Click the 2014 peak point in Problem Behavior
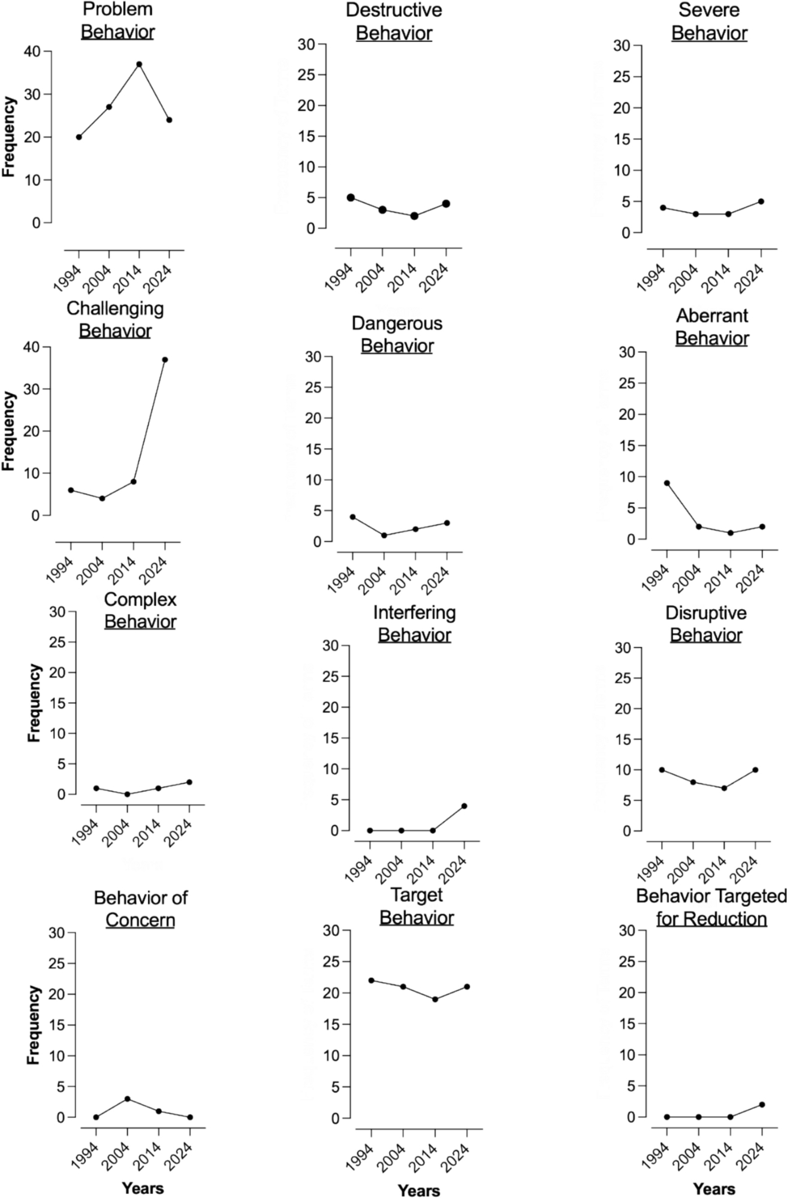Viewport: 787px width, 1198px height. [139, 64]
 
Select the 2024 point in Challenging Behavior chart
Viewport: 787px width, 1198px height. [165, 359]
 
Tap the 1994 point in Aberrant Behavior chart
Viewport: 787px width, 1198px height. [667, 483]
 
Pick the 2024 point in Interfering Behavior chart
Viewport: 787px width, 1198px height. [464, 806]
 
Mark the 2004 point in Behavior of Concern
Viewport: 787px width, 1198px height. [127, 1099]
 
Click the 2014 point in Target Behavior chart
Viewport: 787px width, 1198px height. [435, 999]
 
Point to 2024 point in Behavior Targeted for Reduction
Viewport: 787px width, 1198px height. [762, 1105]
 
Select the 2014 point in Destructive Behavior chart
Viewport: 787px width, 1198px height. [414, 216]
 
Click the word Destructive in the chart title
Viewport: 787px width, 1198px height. [394, 10]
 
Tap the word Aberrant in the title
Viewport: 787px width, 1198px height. [712, 316]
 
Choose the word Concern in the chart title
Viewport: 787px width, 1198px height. [140, 919]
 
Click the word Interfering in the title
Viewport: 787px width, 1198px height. [414, 613]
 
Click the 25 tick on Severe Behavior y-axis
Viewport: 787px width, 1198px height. [623, 77]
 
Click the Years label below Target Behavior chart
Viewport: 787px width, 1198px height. [419, 1190]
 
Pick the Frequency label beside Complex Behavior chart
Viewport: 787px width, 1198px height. [34, 703]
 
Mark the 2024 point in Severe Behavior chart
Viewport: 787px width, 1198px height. [761, 201]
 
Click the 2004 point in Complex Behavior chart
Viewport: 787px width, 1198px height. [127, 794]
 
